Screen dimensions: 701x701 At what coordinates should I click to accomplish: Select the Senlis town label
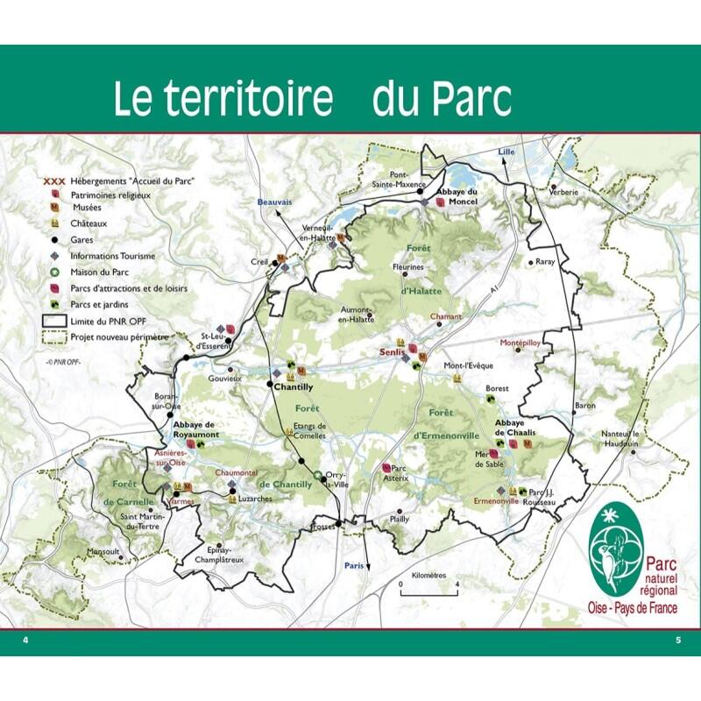pyautogui.click(x=391, y=351)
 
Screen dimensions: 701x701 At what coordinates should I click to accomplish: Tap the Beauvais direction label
pyautogui.click(x=273, y=202)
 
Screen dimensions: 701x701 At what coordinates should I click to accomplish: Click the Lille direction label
pyautogui.click(x=506, y=152)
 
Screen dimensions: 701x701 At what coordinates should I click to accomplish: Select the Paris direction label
pyautogui.click(x=354, y=565)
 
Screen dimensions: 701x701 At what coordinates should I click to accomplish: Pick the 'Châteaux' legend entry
pyautogui.click(x=86, y=224)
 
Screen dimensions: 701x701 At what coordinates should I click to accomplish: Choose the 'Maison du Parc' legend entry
pyautogui.click(x=98, y=272)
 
